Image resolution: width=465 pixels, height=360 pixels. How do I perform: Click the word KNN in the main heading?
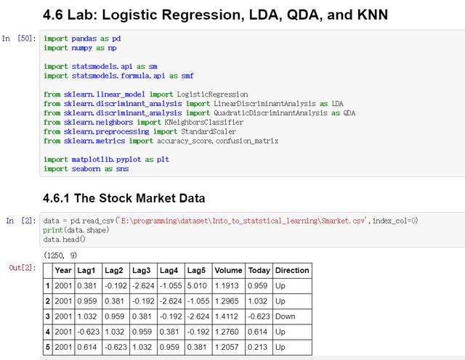[x=372, y=15]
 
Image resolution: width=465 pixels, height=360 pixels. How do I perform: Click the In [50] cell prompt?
[x=19, y=38]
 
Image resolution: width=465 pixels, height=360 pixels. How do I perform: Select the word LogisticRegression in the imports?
[x=212, y=94]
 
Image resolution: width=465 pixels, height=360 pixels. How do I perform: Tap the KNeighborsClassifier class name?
[x=203, y=122]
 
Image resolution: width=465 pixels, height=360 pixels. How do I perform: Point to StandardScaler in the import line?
[x=209, y=131]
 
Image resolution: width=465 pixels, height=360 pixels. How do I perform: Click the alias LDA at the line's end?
[x=337, y=104]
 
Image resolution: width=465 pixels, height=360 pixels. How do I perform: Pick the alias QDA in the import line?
[x=349, y=113]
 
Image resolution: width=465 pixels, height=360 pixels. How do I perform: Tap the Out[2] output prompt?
[x=23, y=268]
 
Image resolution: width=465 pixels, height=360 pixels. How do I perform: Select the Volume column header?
[x=228, y=270]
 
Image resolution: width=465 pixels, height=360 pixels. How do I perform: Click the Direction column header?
[x=292, y=270]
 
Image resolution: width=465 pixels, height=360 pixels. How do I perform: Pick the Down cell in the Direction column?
[x=286, y=316]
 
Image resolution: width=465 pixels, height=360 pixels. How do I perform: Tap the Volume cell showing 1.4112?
[x=227, y=316]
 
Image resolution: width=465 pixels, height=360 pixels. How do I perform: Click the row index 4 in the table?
[x=47, y=332]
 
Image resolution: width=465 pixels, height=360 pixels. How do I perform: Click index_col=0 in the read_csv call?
[x=395, y=221]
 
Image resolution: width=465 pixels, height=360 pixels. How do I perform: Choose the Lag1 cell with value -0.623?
[x=89, y=332]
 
